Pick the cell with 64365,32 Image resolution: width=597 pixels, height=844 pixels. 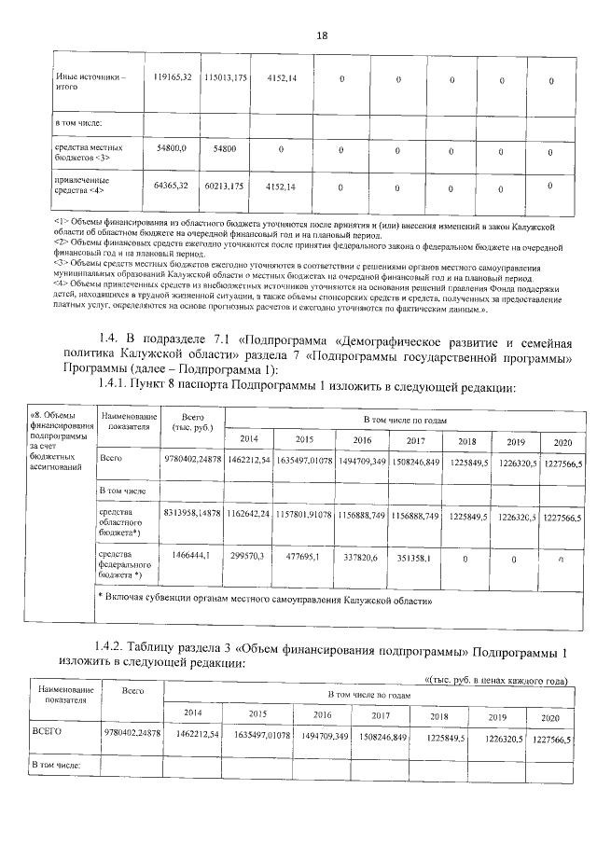click(172, 187)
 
